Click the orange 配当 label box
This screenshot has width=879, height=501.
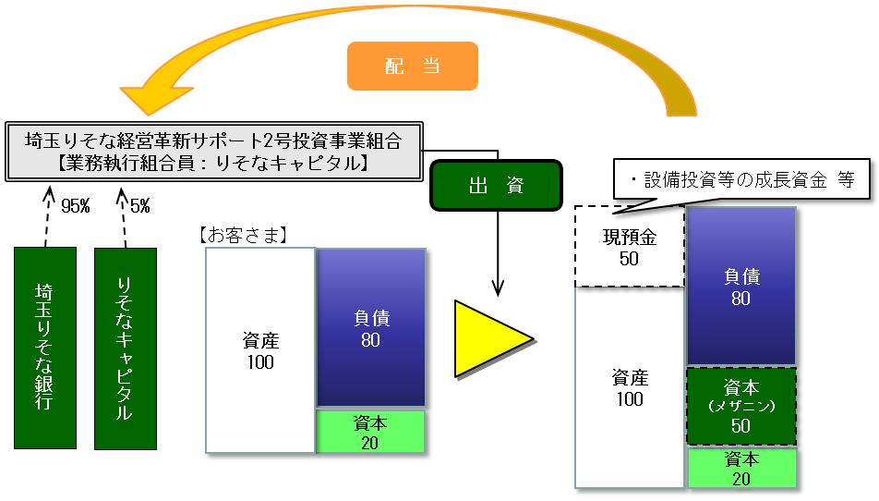[412, 67]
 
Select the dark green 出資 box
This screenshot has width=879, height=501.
[495, 185]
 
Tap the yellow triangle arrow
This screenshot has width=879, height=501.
[489, 338]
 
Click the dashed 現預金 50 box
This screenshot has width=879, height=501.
[629, 247]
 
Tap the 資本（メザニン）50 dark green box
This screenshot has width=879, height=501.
[741, 407]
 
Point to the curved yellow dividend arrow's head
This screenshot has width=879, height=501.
[138, 92]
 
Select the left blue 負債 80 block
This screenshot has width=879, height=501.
[371, 328]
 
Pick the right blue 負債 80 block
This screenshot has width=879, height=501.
[741, 286]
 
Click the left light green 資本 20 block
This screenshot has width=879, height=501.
[371, 432]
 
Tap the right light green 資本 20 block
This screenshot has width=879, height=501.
[741, 468]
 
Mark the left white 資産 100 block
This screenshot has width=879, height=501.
[260, 350]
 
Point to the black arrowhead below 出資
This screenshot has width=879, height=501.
[498, 287]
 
